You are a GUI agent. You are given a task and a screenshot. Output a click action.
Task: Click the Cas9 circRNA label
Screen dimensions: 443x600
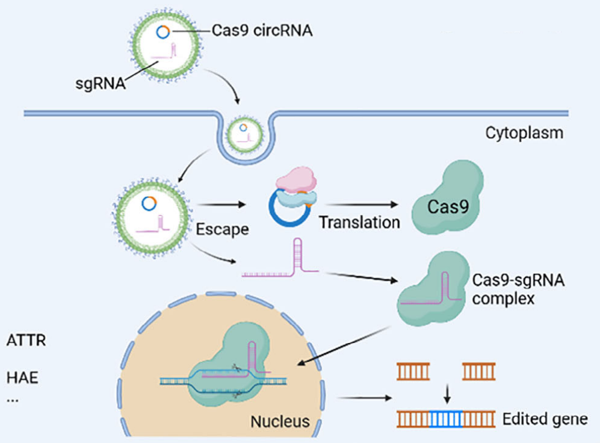(x=262, y=30)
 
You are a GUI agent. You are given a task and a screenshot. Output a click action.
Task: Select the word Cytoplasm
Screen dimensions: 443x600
(x=524, y=133)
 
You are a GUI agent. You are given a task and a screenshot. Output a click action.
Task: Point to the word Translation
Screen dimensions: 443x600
(x=359, y=222)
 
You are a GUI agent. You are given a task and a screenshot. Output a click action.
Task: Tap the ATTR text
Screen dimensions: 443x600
(x=26, y=341)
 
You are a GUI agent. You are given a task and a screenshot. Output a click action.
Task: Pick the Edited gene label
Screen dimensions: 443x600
(x=545, y=419)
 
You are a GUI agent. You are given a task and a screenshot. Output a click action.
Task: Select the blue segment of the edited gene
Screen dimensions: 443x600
(x=447, y=419)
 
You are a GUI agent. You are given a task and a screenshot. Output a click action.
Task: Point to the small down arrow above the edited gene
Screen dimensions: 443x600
(x=447, y=394)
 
